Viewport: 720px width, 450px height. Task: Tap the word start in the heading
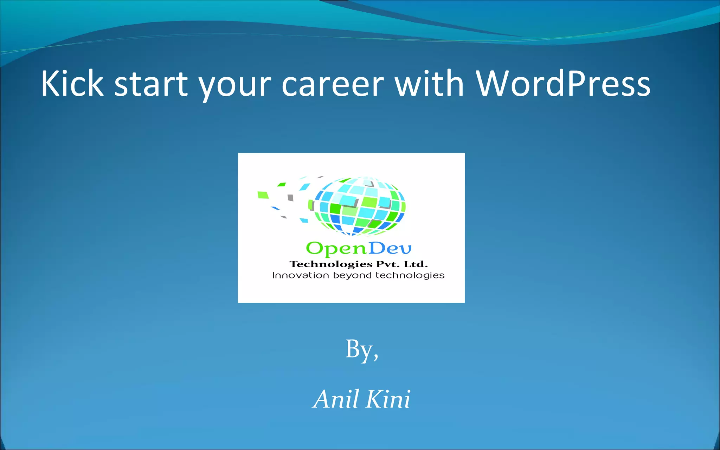[151, 84]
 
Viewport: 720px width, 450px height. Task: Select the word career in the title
[332, 84]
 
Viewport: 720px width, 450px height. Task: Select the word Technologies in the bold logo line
[331, 264]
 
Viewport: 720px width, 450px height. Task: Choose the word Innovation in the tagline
[301, 275]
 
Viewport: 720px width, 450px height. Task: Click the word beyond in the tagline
[352, 276]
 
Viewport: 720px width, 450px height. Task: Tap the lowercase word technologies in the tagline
[410, 276]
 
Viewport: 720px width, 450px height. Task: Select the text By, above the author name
[362, 349]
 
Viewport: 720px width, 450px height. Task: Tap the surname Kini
[388, 399]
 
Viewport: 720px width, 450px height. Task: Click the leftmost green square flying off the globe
[263, 195]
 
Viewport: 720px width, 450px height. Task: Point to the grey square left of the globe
[290, 198]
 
